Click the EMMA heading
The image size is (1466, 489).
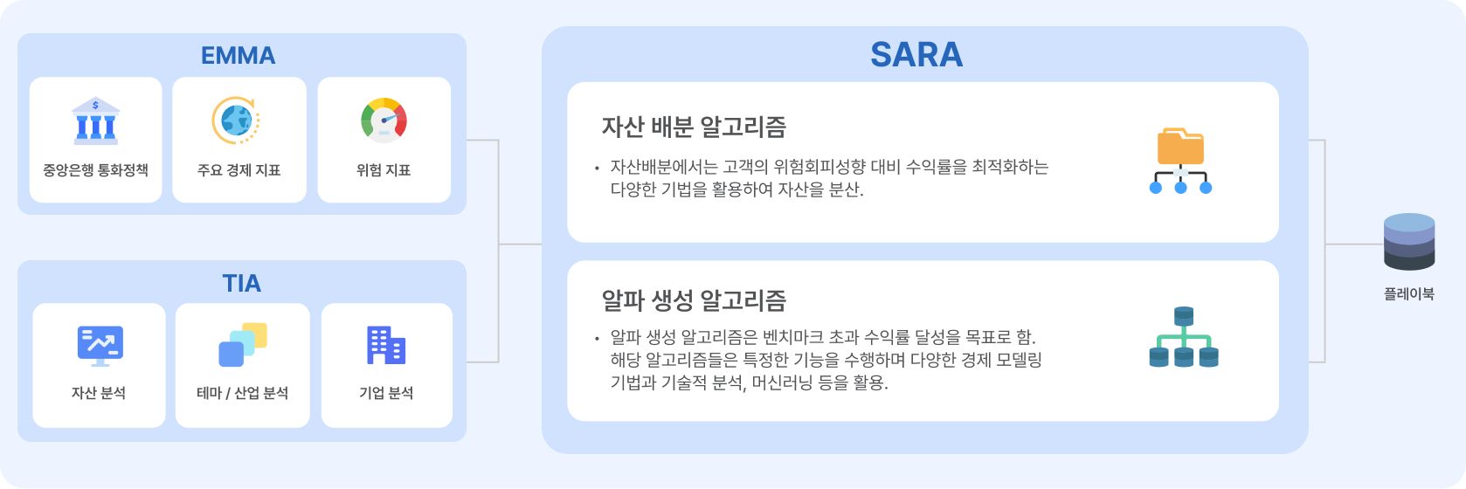[239, 56]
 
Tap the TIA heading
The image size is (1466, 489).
[241, 283]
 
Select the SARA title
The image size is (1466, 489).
[916, 54]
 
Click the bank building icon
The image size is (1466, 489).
[95, 121]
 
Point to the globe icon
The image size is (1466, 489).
[236, 121]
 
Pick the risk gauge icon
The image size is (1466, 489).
[384, 121]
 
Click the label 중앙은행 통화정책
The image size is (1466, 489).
[95, 170]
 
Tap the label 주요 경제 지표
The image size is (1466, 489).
[239, 170]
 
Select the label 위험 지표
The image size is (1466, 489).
[384, 170]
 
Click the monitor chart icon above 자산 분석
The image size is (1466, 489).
[100, 346]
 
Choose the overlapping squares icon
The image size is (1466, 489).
[243, 345]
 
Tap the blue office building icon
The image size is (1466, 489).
[386, 345]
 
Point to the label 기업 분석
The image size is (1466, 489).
[386, 393]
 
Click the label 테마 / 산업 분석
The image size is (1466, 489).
[242, 393]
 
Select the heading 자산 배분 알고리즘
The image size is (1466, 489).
[694, 127]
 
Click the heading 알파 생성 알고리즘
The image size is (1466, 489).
[694, 300]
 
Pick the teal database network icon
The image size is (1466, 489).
[1184, 337]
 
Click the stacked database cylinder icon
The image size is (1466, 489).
[1409, 242]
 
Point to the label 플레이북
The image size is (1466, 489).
[1409, 294]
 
